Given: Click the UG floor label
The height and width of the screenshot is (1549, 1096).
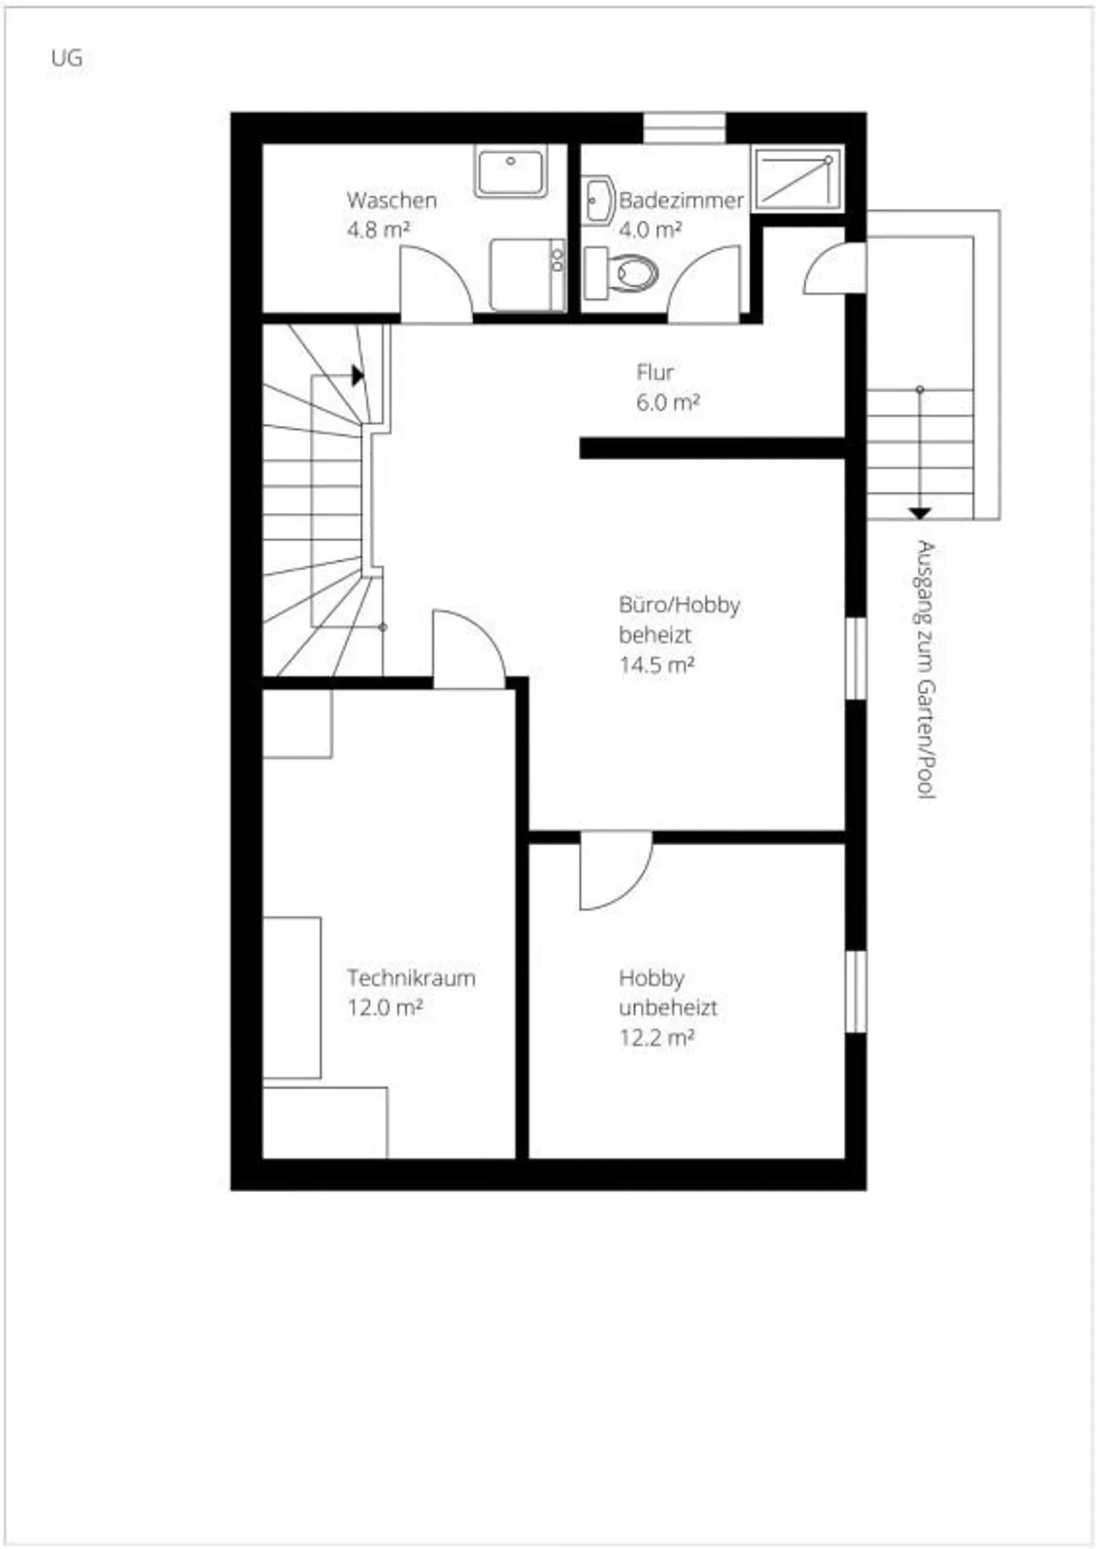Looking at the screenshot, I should pyautogui.click(x=67, y=59).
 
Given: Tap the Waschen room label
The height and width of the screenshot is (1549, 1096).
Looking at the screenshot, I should pyautogui.click(x=391, y=200).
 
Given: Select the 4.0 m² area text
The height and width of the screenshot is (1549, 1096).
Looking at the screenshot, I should pyautogui.click(x=650, y=229).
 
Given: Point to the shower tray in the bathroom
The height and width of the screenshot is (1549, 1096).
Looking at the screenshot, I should pyautogui.click(x=797, y=179).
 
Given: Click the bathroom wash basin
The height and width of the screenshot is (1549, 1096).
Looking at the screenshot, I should pyautogui.click(x=598, y=200).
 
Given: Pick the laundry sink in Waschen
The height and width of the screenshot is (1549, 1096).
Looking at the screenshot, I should pyautogui.click(x=511, y=171).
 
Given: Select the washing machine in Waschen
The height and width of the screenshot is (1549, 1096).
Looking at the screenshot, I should pyautogui.click(x=527, y=274).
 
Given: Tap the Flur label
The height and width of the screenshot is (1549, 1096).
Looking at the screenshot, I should pyautogui.click(x=655, y=372).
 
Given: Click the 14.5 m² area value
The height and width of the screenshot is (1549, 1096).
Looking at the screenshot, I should pyautogui.click(x=656, y=665).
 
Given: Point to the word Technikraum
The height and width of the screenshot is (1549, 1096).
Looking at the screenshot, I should pyautogui.click(x=411, y=977).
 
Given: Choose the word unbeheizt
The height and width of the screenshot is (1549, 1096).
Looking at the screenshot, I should pyautogui.click(x=667, y=1007).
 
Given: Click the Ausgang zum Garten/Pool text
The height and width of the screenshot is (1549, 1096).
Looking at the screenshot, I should pyautogui.click(x=926, y=669).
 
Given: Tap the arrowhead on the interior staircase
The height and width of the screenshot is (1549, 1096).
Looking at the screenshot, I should pyautogui.click(x=358, y=375).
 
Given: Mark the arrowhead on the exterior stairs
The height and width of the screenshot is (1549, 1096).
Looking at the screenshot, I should pyautogui.click(x=920, y=514).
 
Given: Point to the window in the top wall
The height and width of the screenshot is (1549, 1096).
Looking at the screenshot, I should pyautogui.click(x=684, y=128).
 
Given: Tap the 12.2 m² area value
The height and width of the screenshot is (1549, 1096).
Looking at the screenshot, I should pyautogui.click(x=656, y=1037).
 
